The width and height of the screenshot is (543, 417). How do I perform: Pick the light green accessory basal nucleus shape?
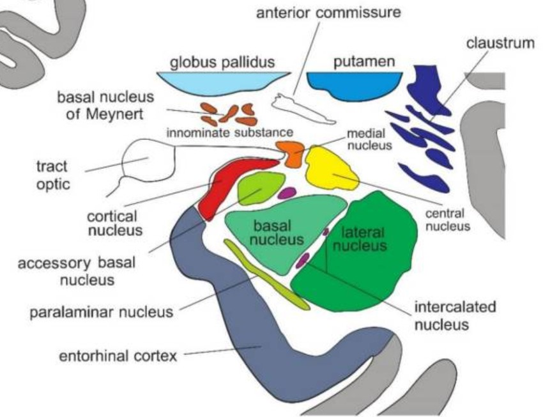pyautogui.click(x=259, y=187)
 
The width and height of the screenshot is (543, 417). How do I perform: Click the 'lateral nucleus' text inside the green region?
pyautogui.click(x=362, y=238)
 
